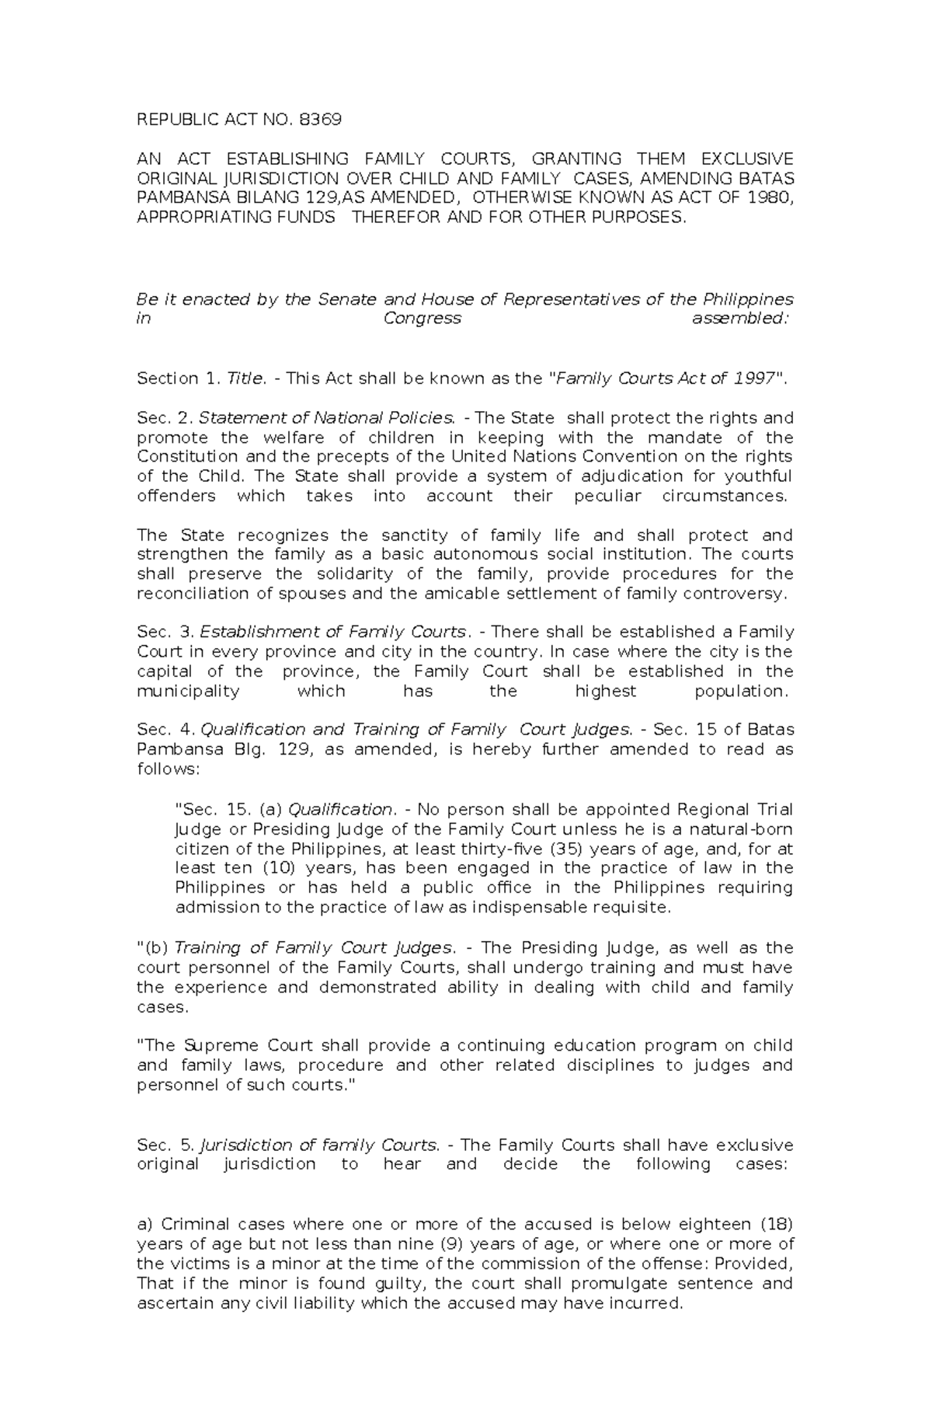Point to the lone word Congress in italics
pyautogui.click(x=423, y=319)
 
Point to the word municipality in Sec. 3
pyautogui.click(x=188, y=691)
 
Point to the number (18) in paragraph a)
pyautogui.click(x=775, y=1224)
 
